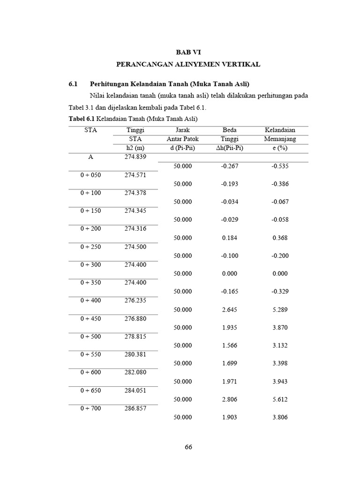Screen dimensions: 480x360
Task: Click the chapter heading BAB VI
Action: [188, 52]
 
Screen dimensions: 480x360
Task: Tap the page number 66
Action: [188, 447]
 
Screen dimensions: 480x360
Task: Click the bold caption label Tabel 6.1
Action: [82, 118]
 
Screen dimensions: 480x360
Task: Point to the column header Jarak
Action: [182, 130]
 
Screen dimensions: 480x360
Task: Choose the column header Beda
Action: [230, 130]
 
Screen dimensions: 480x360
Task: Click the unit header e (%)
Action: [280, 148]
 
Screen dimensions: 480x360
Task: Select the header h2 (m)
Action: [135, 148]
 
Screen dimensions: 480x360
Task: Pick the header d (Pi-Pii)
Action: [182, 148]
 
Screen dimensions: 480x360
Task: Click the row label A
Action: [90, 157]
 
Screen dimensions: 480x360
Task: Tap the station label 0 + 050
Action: [90, 175]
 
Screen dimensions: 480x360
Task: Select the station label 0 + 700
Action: [90, 408]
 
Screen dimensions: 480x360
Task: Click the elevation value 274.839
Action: [135, 157]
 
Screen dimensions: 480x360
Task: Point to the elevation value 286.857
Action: [135, 408]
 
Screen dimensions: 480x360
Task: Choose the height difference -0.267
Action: [229, 166]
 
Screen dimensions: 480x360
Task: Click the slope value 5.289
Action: [280, 309]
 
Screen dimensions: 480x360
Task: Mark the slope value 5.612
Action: [280, 399]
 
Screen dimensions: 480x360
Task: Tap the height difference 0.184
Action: [229, 238]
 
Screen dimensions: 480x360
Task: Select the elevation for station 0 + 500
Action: [135, 337]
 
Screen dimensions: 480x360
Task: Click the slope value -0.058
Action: [280, 219]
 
